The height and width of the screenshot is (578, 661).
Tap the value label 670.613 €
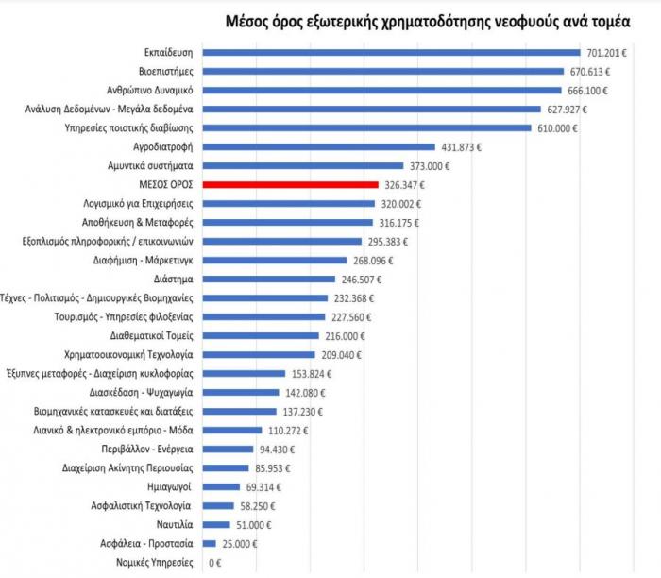(x=595, y=71)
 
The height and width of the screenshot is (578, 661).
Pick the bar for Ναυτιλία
(x=216, y=524)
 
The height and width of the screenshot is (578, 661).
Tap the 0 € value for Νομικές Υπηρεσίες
(x=214, y=563)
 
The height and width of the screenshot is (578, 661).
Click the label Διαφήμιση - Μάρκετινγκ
(x=141, y=261)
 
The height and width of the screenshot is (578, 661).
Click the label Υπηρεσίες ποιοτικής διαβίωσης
(x=128, y=127)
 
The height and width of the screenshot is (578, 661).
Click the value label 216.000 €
(x=349, y=336)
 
